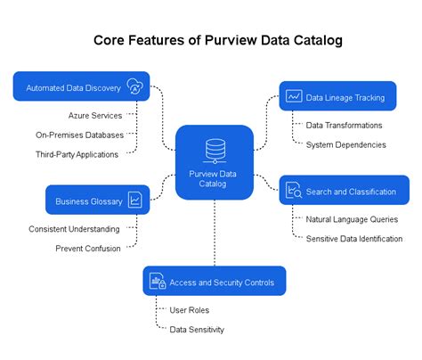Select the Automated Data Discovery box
point(80,86)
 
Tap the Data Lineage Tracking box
point(337,95)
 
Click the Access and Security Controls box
point(214,282)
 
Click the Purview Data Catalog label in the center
point(214,178)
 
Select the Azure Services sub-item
point(94,115)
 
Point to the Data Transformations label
point(344,126)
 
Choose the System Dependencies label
point(345,144)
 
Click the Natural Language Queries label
point(352,219)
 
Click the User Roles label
point(189,310)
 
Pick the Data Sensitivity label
point(197,330)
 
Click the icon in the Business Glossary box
point(134,200)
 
